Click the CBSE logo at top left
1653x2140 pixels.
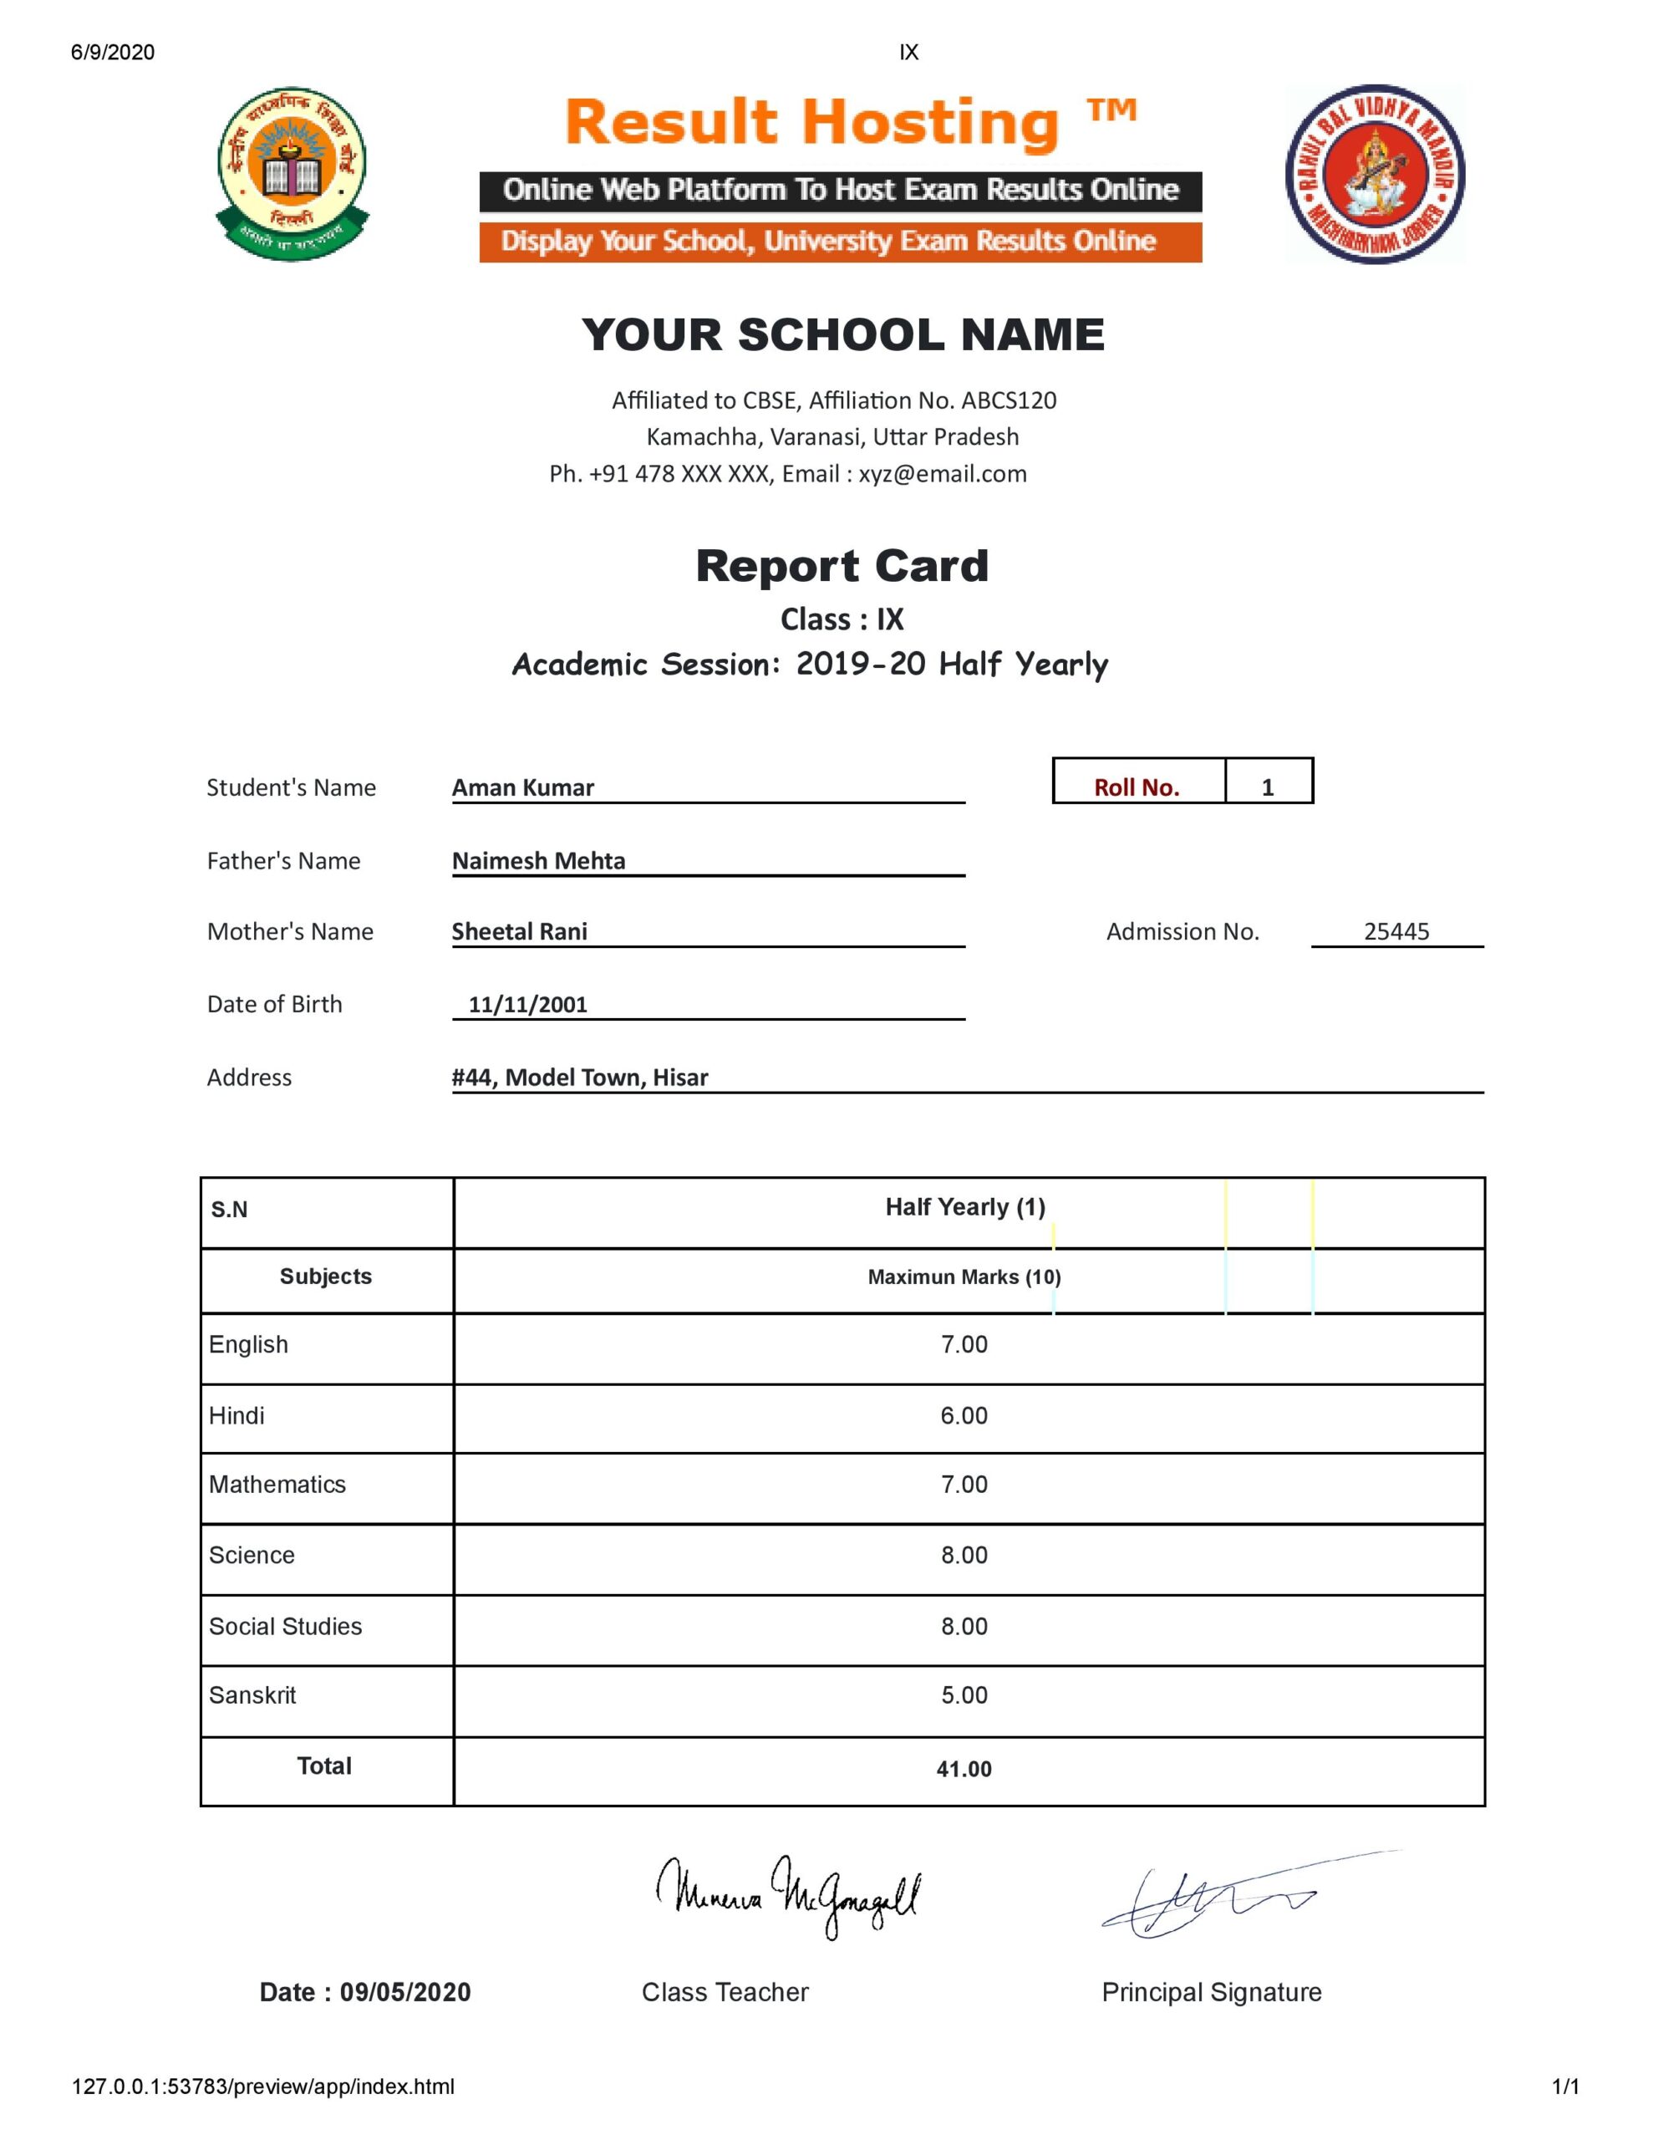pyautogui.click(x=291, y=173)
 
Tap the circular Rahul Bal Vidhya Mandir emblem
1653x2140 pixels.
pyautogui.click(x=1374, y=173)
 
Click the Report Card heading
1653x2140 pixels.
pyautogui.click(x=842, y=567)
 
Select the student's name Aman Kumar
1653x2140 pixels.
pyautogui.click(x=522, y=787)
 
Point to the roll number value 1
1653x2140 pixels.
pyautogui.click(x=1267, y=787)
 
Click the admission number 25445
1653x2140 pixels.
pyautogui.click(x=1396, y=932)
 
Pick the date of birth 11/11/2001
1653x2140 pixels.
pyautogui.click(x=527, y=1004)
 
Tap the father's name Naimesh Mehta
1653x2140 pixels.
pyautogui.click(x=538, y=861)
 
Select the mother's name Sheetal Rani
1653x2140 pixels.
pyautogui.click(x=519, y=932)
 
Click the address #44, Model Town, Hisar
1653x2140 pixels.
pyautogui.click(x=579, y=1078)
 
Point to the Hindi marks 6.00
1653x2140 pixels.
pyautogui.click(x=964, y=1416)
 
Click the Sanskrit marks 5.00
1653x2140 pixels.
pyautogui.click(x=964, y=1696)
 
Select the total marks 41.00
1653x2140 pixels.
pyautogui.click(x=964, y=1770)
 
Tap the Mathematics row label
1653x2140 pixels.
pyautogui.click(x=277, y=1485)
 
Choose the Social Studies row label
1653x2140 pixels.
pyautogui.click(x=285, y=1627)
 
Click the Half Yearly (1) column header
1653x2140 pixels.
pyautogui.click(x=965, y=1207)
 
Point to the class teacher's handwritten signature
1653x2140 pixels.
pyautogui.click(x=788, y=1897)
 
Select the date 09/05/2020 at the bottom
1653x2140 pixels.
pyautogui.click(x=404, y=1992)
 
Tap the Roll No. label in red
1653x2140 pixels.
pyautogui.click(x=1137, y=787)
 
